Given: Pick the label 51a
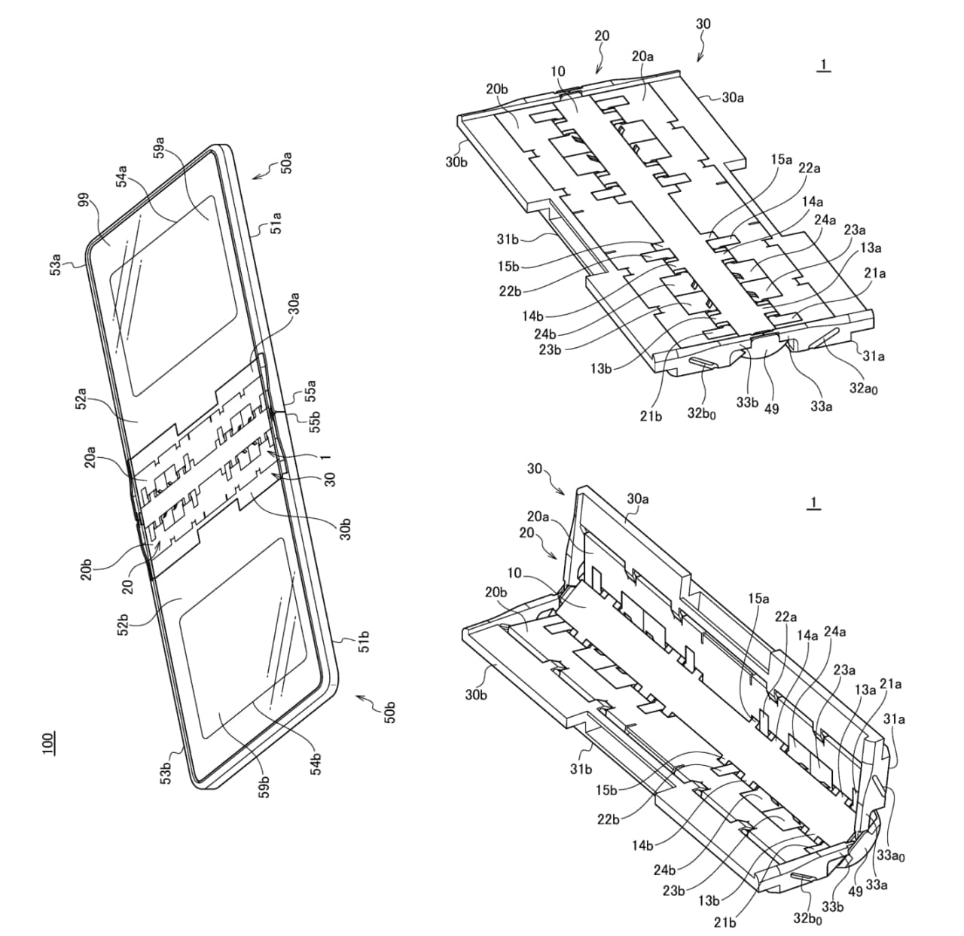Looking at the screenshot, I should [x=276, y=225].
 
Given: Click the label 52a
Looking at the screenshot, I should [x=82, y=398].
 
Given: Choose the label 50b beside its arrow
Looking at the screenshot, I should [x=389, y=712].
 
